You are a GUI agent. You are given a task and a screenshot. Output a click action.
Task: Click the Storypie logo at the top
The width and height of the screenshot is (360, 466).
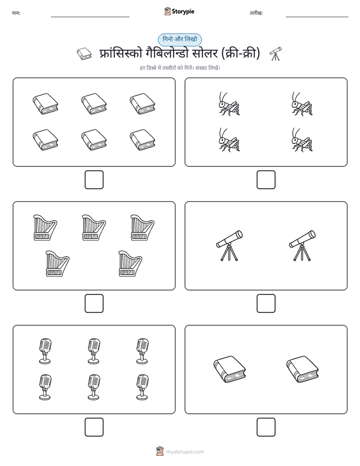pyautogui.click(x=179, y=11)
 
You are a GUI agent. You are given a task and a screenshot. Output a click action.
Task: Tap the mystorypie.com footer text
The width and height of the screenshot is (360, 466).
pyautogui.click(x=185, y=452)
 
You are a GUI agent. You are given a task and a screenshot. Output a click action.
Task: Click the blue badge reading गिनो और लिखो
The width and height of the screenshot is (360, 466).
pyautogui.click(x=179, y=39)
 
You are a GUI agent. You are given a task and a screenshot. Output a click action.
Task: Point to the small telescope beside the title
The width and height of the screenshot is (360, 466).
pyautogui.click(x=276, y=53)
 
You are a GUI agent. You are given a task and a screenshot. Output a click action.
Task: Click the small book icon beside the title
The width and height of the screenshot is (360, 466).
pyautogui.click(x=84, y=54)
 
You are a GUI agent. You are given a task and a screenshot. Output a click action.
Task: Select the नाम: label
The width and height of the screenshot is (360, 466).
pyautogui.click(x=16, y=13)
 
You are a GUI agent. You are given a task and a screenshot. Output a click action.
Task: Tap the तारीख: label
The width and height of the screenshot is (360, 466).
pyautogui.click(x=256, y=13)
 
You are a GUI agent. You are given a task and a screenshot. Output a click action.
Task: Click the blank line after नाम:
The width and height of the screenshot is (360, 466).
pyautogui.click(x=90, y=17)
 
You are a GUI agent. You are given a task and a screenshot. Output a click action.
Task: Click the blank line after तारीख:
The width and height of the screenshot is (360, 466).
pyautogui.click(x=317, y=17)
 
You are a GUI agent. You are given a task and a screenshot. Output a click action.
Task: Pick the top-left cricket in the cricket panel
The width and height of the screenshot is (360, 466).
pyautogui.click(x=229, y=103)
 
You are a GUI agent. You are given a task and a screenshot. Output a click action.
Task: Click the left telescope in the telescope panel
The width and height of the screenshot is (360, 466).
pyautogui.click(x=229, y=246)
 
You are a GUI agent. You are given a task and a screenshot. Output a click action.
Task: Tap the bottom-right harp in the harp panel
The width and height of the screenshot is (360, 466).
pyautogui.click(x=131, y=264)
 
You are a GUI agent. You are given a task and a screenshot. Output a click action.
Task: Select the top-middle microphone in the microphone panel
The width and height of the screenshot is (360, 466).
pyautogui.click(x=94, y=351)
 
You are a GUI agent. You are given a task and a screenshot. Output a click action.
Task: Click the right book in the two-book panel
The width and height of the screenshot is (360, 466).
pyautogui.click(x=303, y=369)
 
